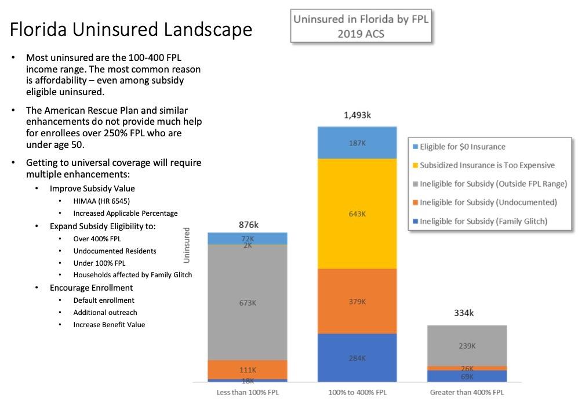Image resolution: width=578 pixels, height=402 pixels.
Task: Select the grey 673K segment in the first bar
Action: [247, 302]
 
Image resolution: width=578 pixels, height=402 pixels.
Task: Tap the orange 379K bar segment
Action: [357, 301]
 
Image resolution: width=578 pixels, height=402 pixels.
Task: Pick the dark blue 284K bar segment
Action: [357, 358]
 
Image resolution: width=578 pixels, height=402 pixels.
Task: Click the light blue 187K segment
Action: [357, 143]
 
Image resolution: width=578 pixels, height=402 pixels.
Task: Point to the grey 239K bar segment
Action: [467, 346]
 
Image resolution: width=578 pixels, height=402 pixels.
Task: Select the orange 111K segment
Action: [247, 370]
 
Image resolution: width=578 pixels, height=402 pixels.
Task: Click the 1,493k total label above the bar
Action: [357, 115]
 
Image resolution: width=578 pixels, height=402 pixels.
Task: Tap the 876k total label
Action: [248, 224]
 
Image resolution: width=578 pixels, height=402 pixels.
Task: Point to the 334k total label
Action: [464, 313]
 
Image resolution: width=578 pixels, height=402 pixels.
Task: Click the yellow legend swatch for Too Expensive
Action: [415, 165]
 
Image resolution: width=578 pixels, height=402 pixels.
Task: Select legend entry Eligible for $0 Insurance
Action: [462, 147]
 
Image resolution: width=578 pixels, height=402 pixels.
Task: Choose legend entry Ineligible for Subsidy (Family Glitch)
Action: [483, 221]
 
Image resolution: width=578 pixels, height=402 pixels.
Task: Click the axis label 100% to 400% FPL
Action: [357, 393]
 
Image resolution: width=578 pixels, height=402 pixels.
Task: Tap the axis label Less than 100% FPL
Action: [247, 393]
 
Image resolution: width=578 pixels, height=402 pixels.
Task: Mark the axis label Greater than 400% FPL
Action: [467, 393]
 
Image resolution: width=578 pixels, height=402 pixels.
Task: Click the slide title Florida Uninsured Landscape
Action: [131, 29]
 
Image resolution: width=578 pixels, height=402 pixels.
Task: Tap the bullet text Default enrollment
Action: [104, 300]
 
